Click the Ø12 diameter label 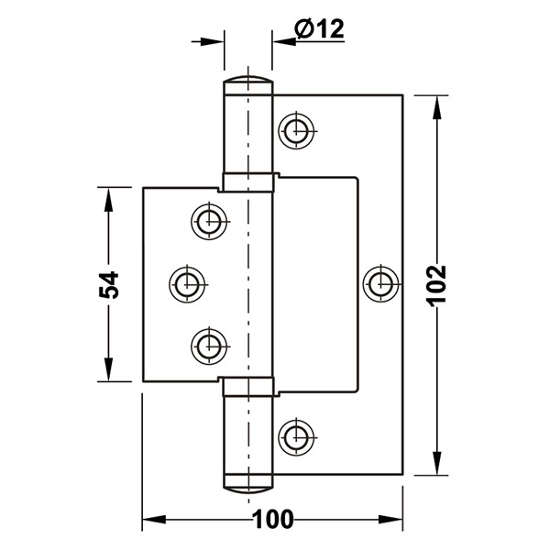coord(319,28)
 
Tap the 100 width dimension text coord(272,520)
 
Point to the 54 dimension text coord(109,284)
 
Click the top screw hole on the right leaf coord(296,131)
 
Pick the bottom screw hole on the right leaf coord(296,437)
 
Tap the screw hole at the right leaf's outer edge coord(381,284)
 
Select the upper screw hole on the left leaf coord(209,221)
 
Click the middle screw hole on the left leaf coord(187,284)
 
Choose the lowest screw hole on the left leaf coord(209,346)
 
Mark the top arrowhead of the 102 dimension coord(436,107)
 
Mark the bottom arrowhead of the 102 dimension coord(436,463)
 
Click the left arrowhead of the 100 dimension coord(154,520)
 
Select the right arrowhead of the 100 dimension coord(390,520)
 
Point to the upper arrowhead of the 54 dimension coord(108,199)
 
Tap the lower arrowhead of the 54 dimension coord(108,369)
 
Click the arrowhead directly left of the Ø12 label coord(284,41)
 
